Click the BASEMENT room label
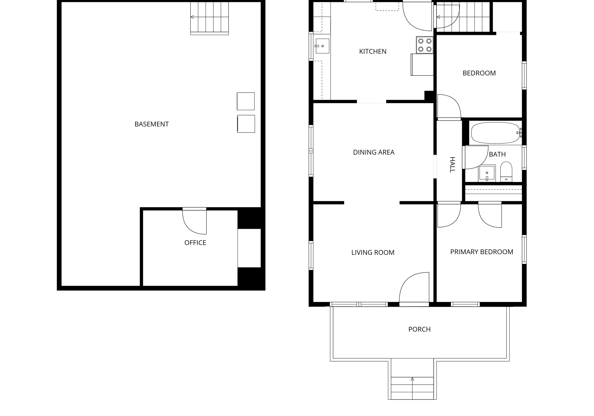pyautogui.click(x=152, y=124)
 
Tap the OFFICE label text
pyautogui.click(x=195, y=243)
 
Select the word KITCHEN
pyautogui.click(x=373, y=52)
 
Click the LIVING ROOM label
pyautogui.click(x=373, y=253)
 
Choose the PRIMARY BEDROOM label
pyautogui.click(x=482, y=252)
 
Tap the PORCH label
pyautogui.click(x=419, y=329)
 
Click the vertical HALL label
pyautogui.click(x=452, y=165)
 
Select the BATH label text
pyautogui.click(x=497, y=155)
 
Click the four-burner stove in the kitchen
pyautogui.click(x=425, y=45)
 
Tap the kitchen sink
pyautogui.click(x=322, y=46)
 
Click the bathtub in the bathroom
pyautogui.click(x=495, y=133)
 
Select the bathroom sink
pyautogui.click(x=487, y=173)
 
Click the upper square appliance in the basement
pyautogui.click(x=246, y=101)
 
